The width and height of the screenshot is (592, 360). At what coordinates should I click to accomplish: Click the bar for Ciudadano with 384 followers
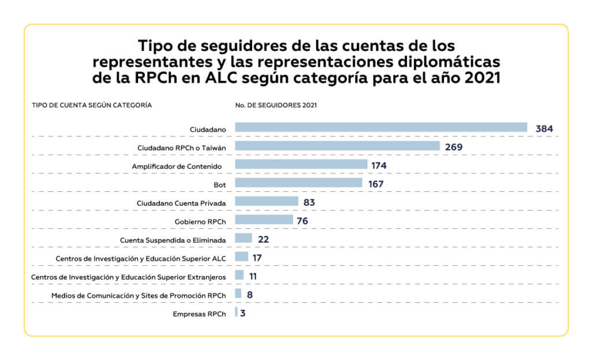pos(381,128)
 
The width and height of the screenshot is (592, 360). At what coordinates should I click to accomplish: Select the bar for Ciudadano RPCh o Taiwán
pos(338,146)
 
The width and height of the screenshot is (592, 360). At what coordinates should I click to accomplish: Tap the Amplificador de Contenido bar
pos(301,165)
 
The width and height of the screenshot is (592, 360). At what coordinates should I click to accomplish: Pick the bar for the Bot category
pos(299,183)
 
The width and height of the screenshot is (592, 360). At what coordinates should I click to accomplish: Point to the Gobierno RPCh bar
pos(264,220)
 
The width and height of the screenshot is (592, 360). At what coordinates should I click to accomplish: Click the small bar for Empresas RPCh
pos(236,313)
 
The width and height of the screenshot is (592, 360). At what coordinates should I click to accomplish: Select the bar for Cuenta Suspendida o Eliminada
pos(243,239)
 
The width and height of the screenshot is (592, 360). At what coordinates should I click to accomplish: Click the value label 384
pos(544,128)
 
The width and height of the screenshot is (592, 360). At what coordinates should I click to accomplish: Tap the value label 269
pos(454,147)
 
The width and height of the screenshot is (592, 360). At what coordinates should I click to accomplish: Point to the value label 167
pos(376,184)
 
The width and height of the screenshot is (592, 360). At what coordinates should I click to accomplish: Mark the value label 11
pos(253,276)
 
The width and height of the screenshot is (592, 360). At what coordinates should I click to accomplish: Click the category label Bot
pos(219,184)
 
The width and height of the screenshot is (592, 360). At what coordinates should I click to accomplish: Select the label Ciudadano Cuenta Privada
pos(181,203)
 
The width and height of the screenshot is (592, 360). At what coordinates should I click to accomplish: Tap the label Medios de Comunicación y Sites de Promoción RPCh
pos(138,295)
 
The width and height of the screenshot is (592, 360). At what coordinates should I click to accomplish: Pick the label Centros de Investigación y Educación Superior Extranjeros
pos(128,277)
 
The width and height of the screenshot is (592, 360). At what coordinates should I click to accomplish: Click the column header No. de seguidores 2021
pos(268,105)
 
